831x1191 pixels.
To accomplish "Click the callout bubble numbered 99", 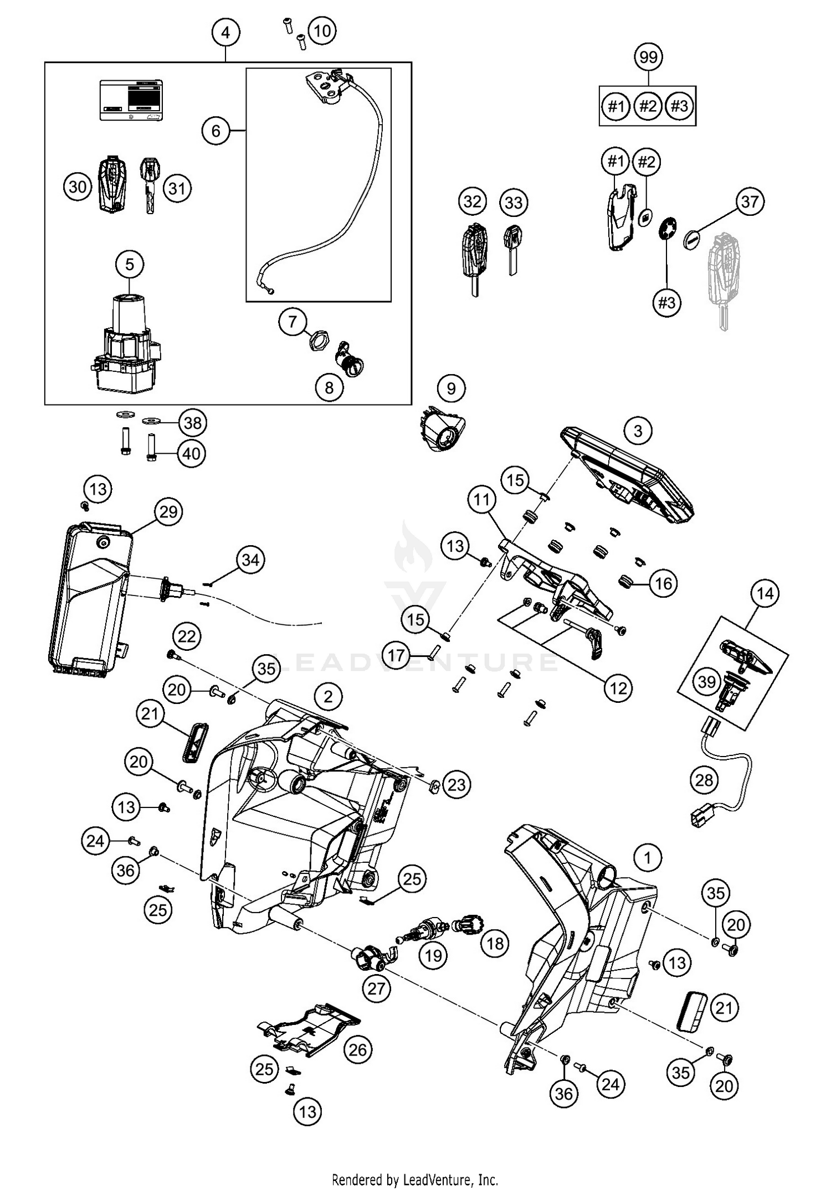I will [x=648, y=57].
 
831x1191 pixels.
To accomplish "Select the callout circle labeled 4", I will [x=225, y=33].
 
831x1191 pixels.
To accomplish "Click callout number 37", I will [x=750, y=201].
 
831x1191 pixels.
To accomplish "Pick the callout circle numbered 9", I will [x=451, y=389].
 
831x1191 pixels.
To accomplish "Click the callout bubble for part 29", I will [x=168, y=511].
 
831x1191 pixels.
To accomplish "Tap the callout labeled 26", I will [x=358, y=1049].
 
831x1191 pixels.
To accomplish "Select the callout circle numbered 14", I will [x=765, y=594].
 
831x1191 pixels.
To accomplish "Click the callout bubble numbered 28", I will [x=704, y=780].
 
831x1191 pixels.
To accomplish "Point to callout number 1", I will [x=647, y=858].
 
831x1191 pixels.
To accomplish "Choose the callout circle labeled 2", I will [x=329, y=696].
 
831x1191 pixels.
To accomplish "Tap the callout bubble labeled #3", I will [x=666, y=303].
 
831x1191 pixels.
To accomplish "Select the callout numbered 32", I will [x=473, y=201].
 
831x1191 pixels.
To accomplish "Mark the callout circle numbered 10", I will [x=322, y=30].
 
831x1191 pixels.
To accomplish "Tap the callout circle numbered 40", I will [x=192, y=454].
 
